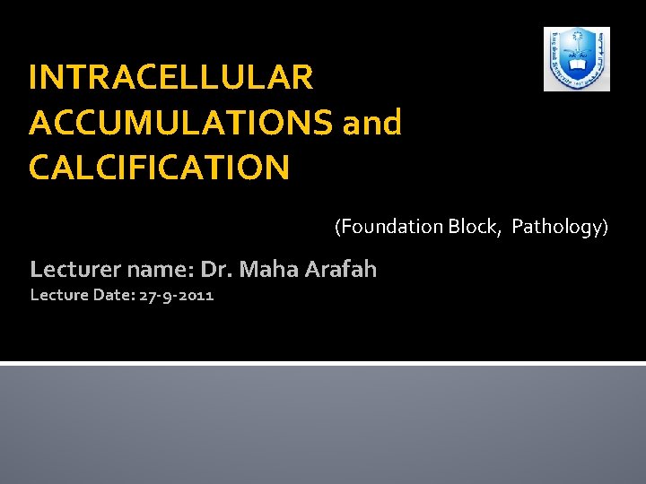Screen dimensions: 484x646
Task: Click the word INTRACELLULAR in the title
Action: (x=171, y=77)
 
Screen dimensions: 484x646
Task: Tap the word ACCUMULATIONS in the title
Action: (x=182, y=122)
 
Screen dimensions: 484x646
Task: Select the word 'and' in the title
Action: (x=372, y=122)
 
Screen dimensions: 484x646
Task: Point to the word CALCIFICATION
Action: (x=160, y=167)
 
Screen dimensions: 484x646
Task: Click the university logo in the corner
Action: (x=577, y=59)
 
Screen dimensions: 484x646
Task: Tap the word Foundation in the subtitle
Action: (x=392, y=227)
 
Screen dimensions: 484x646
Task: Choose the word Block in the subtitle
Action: (x=473, y=227)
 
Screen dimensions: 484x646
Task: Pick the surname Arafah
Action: (x=340, y=269)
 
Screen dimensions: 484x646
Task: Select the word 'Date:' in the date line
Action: (x=114, y=295)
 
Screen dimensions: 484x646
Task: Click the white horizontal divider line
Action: (x=323, y=363)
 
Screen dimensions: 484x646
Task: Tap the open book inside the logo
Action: (x=577, y=65)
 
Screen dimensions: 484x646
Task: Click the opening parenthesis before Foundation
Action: (x=338, y=227)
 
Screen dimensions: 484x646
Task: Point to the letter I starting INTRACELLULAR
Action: (x=33, y=77)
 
